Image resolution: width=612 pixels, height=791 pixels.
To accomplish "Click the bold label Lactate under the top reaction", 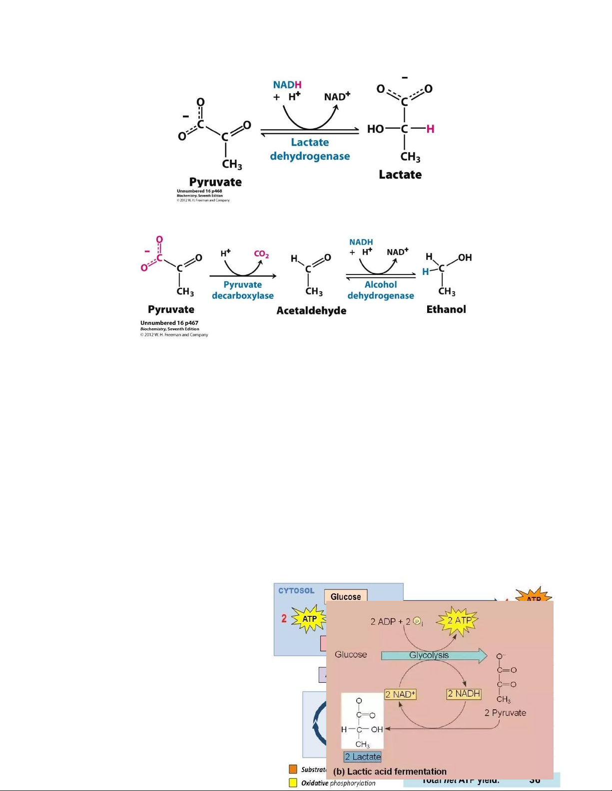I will (x=400, y=175).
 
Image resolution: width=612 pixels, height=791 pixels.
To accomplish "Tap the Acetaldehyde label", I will (x=311, y=310).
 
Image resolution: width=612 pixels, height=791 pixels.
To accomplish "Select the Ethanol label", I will (x=446, y=309).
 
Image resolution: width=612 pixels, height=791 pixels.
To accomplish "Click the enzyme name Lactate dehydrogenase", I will (x=310, y=149).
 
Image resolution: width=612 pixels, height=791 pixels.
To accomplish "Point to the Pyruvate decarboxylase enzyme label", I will (x=243, y=290).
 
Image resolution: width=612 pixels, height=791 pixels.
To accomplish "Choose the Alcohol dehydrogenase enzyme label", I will (x=381, y=290).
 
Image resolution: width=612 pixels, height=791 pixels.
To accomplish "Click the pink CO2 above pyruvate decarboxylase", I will (x=261, y=254).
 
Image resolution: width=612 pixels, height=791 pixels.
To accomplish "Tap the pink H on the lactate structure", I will (x=430, y=129).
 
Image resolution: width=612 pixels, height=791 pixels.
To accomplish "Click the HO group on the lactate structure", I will (x=375, y=129).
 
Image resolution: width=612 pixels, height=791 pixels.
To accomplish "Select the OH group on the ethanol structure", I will (x=465, y=258).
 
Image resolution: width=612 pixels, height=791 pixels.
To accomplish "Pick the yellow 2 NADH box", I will (x=464, y=694).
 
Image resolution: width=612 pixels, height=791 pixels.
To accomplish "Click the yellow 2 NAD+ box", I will (x=401, y=694).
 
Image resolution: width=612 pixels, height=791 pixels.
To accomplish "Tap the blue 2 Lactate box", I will (x=363, y=757).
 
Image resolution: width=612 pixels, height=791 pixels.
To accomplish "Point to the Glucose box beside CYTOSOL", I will (x=346, y=596).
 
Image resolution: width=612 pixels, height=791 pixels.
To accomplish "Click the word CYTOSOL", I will (x=296, y=591).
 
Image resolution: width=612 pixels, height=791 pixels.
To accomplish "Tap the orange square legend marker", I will (x=293, y=769).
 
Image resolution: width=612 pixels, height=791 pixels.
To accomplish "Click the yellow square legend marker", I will (x=293, y=783).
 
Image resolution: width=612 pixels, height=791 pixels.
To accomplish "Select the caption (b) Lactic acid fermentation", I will (x=390, y=771).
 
